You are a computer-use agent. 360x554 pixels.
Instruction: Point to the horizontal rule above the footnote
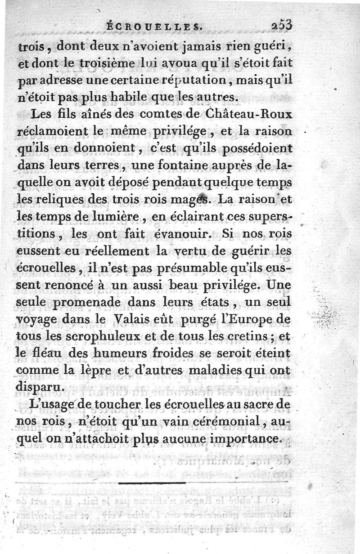point(153,483)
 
